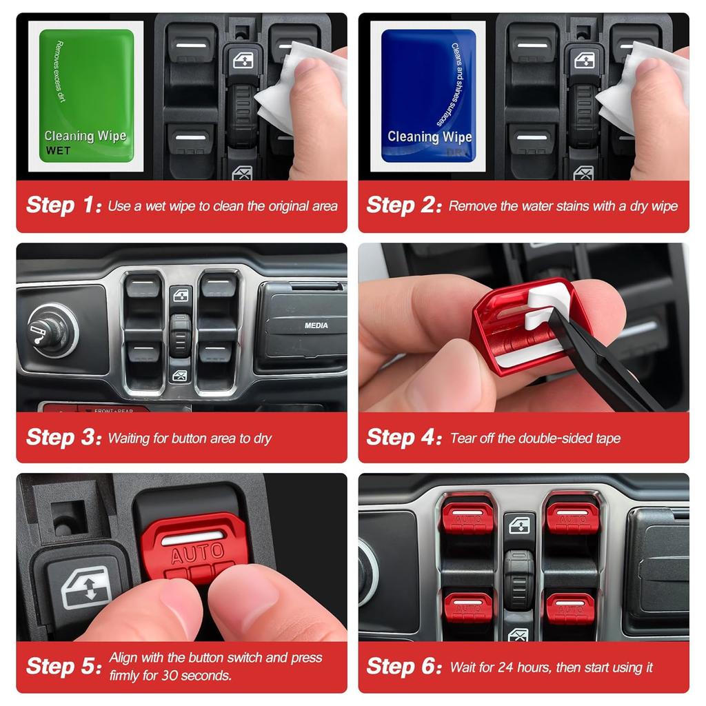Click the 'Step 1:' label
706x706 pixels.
(63, 205)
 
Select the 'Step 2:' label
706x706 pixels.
(403, 205)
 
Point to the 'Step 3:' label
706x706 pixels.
(63, 437)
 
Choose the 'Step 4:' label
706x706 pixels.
(403, 437)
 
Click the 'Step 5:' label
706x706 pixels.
(63, 666)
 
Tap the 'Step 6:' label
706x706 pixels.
(403, 666)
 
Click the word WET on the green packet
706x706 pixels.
(58, 151)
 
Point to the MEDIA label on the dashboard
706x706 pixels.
(316, 325)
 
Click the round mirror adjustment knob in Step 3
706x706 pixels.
(52, 330)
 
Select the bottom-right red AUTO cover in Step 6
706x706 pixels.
(571, 607)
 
